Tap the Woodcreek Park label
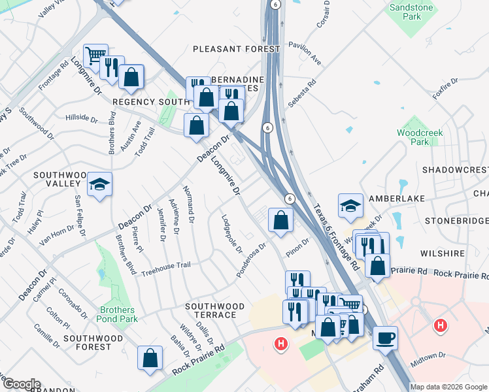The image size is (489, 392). click(x=420, y=137)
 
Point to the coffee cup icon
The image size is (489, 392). click(x=385, y=337)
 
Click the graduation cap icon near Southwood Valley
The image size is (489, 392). click(x=100, y=185)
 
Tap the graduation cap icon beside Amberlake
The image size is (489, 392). click(x=350, y=206)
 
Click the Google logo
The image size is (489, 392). click(x=21, y=384)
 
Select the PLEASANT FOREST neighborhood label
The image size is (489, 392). click(x=236, y=49)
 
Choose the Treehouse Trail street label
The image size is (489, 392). click(x=166, y=265)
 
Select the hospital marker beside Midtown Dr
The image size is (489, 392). click(x=441, y=325)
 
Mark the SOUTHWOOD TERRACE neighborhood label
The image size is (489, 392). click(x=214, y=310)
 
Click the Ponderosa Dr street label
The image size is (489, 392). click(x=251, y=260)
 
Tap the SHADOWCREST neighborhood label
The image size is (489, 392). click(x=455, y=169)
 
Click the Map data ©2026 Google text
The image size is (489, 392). click(x=449, y=387)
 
